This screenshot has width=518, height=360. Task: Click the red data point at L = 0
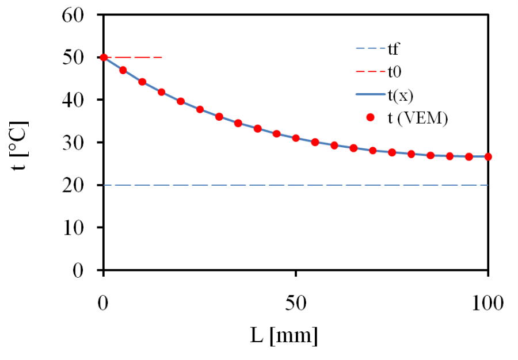click(x=104, y=58)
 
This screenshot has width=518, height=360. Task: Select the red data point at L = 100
click(x=488, y=156)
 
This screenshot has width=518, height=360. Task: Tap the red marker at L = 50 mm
click(x=296, y=138)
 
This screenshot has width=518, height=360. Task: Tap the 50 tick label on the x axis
click(x=296, y=301)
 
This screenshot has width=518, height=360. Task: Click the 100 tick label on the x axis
click(x=487, y=301)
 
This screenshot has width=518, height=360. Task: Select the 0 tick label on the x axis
click(x=104, y=301)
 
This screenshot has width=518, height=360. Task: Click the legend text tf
click(x=394, y=50)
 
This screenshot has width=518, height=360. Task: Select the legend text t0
click(x=395, y=73)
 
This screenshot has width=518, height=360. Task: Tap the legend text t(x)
click(x=400, y=95)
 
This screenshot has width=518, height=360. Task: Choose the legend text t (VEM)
click(x=417, y=118)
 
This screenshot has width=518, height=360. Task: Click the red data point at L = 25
click(x=200, y=109)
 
